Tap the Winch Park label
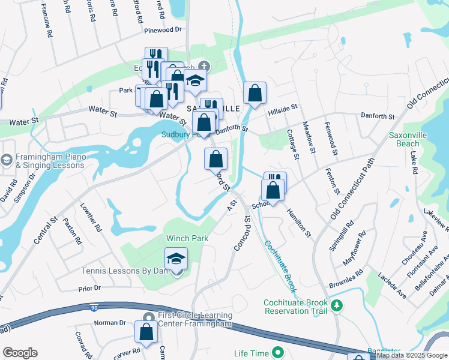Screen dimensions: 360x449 coord(187,238)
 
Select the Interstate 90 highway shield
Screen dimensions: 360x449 coord(93,306)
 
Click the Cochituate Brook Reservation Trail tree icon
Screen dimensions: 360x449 coord(337,306)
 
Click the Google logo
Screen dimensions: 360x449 coord(20,353)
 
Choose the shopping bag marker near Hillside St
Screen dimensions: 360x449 coord(255,94)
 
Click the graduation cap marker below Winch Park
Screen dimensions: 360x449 coord(176,259)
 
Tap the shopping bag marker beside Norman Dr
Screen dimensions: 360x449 coord(146,331)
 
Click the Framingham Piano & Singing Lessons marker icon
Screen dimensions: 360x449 coord(7,161)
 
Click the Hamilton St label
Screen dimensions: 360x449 coord(299,223)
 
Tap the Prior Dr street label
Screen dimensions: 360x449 coord(89,288)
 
